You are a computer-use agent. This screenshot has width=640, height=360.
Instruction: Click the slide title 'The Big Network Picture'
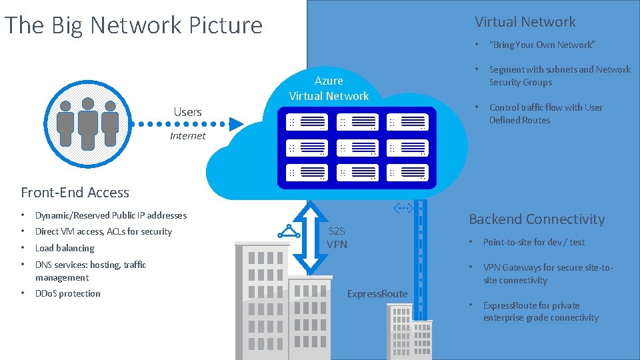tap(133, 25)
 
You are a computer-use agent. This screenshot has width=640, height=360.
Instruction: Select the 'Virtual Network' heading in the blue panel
tap(525, 22)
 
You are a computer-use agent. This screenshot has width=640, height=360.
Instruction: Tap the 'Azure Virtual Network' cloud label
tap(329, 88)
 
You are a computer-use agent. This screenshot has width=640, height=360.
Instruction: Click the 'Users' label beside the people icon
tap(187, 112)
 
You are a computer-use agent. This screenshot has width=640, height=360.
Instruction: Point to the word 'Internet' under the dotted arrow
tap(188, 136)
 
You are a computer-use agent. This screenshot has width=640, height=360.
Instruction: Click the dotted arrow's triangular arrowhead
tap(236, 123)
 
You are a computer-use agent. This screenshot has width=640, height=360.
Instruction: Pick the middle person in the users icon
tap(87, 123)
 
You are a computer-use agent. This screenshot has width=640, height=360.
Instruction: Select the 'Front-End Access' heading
tap(75, 193)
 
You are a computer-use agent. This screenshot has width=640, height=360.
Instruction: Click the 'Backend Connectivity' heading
tap(537, 219)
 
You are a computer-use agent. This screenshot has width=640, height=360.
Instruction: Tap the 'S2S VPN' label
tap(337, 237)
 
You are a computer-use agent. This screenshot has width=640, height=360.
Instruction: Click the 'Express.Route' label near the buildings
tap(377, 293)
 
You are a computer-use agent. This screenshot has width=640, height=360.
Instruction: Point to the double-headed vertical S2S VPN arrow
tap(308, 236)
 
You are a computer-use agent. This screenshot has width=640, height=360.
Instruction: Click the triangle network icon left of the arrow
tap(289, 231)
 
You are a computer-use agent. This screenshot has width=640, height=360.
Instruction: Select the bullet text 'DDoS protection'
tap(67, 293)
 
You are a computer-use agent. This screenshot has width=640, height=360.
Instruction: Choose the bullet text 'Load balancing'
tap(65, 248)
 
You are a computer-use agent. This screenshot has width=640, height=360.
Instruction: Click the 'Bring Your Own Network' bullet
tap(541, 45)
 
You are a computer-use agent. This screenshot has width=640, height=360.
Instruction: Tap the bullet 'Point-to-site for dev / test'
tap(533, 242)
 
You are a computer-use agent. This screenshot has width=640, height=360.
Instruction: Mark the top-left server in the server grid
tap(306, 122)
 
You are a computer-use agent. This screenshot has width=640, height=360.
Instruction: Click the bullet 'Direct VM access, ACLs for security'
tap(103, 231)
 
